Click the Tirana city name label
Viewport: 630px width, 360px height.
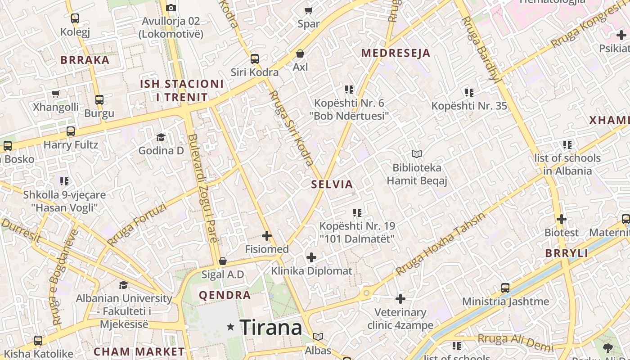pos(271,328)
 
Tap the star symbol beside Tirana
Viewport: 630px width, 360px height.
pos(231,327)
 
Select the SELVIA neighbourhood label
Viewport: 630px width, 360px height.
pos(332,184)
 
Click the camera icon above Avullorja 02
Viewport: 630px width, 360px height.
pos(171,8)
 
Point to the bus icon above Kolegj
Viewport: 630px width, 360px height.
pos(75,18)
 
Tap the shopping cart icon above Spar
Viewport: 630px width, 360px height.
pos(309,10)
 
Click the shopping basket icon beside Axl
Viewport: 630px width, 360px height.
pos(300,54)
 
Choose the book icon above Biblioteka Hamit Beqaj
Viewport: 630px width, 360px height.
pos(417,154)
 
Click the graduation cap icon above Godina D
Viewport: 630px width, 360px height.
pos(161,137)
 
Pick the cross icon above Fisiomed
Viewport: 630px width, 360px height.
pos(267,235)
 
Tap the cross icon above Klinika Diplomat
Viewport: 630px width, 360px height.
pos(311,257)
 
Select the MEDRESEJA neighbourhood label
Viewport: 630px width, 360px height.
pos(396,53)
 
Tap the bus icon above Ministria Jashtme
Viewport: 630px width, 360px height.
pos(505,288)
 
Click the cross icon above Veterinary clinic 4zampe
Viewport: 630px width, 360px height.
pos(400,298)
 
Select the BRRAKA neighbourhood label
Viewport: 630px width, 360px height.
pos(85,60)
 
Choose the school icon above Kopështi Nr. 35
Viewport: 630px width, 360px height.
pos(469,93)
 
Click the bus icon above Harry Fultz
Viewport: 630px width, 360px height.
pos(71,131)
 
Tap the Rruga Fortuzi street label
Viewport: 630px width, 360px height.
pos(137,225)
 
